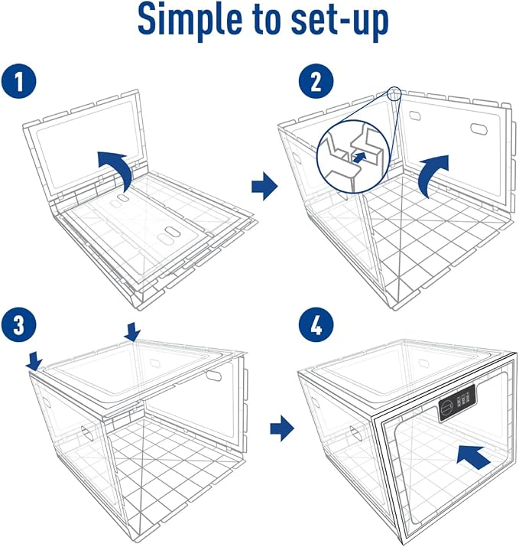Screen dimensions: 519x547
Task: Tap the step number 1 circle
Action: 19,80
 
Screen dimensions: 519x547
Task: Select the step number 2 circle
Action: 316,81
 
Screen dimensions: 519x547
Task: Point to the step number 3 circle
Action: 19,324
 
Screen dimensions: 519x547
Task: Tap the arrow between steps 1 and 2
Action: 264,186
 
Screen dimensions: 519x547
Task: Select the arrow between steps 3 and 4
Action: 282,428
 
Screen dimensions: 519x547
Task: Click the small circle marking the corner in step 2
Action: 394,93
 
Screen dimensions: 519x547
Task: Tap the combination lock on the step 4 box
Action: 456,403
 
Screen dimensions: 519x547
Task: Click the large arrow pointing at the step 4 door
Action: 474,457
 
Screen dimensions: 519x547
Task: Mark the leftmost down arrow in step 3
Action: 34,360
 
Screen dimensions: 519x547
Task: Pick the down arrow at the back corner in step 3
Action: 132,331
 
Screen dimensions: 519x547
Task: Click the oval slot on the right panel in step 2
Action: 479,128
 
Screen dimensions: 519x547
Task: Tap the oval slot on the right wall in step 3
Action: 213,376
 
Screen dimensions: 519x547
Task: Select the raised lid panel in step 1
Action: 86,147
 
